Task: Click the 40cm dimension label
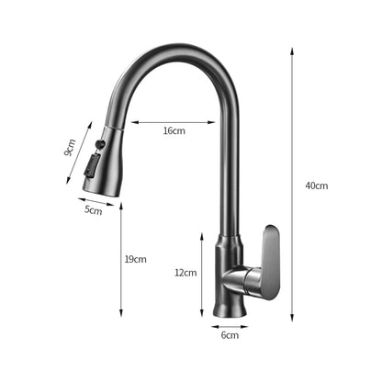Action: pos(317,185)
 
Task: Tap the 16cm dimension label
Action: pos(174,131)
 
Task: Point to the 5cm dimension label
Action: pos(93,210)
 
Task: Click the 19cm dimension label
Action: pos(134,259)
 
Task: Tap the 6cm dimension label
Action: pos(230,335)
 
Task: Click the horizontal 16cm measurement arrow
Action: pos(174,121)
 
